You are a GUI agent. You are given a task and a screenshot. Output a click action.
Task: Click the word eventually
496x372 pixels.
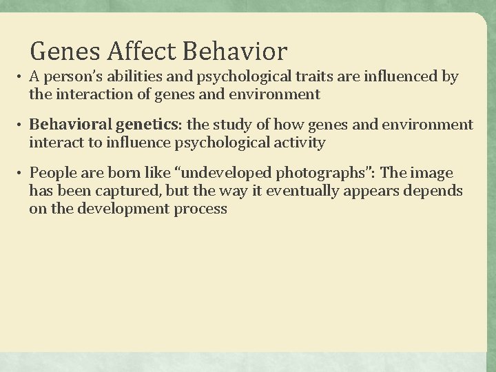coord(286,191)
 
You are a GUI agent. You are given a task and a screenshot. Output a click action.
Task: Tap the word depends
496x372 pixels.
coord(435,191)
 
